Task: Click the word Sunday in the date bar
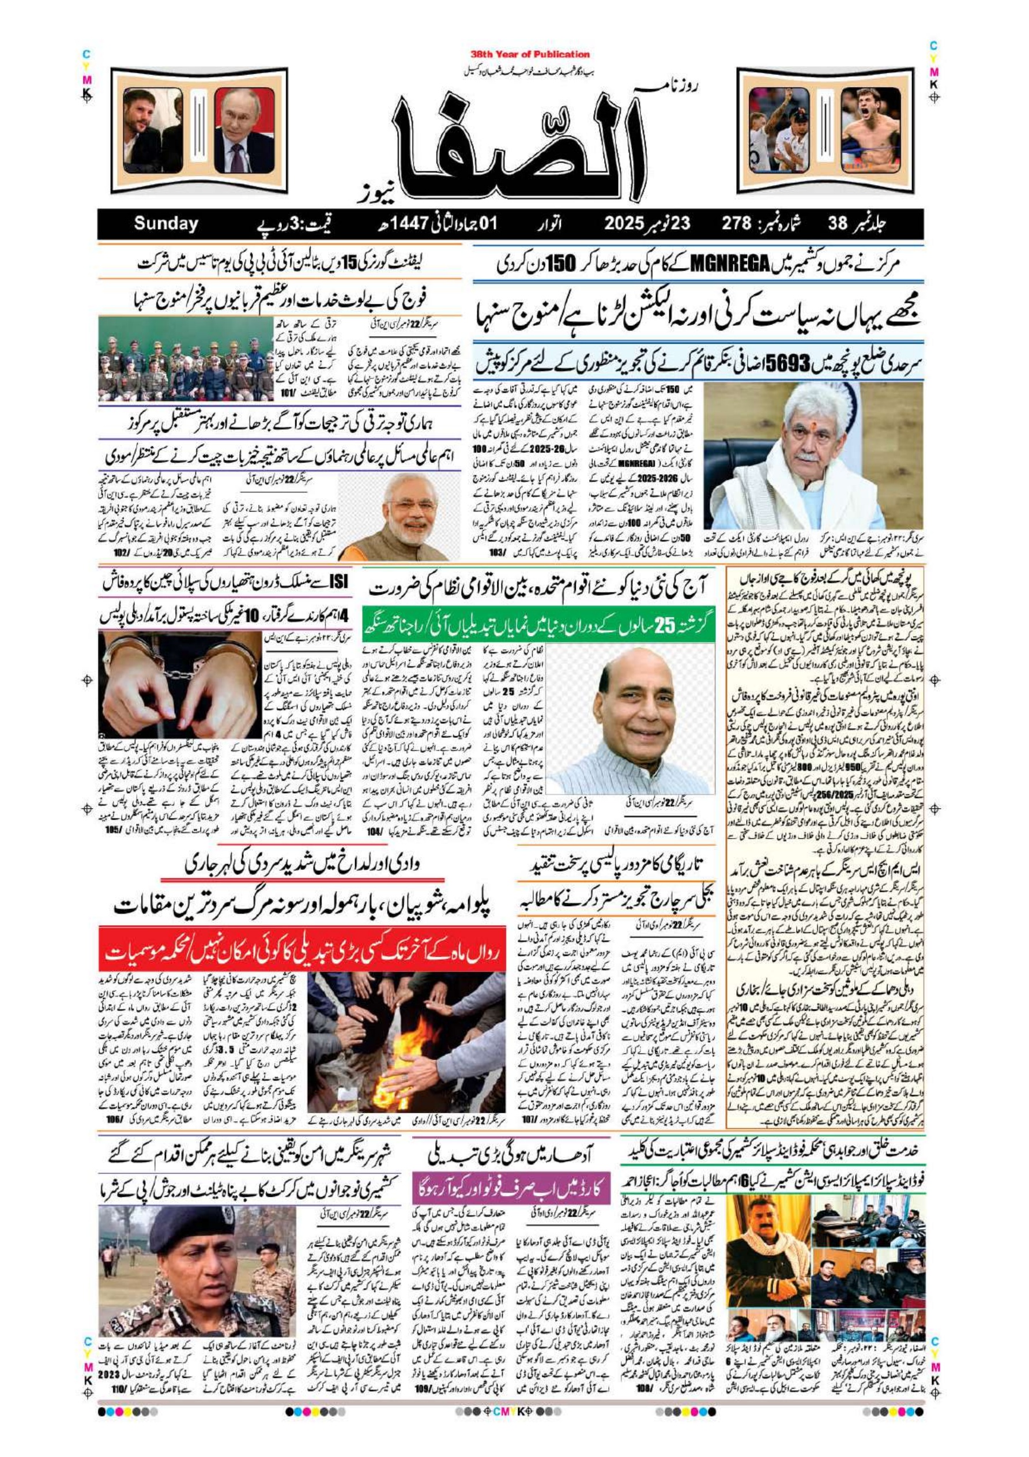point(165,223)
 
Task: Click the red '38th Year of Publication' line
point(530,55)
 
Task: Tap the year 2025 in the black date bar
point(624,223)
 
